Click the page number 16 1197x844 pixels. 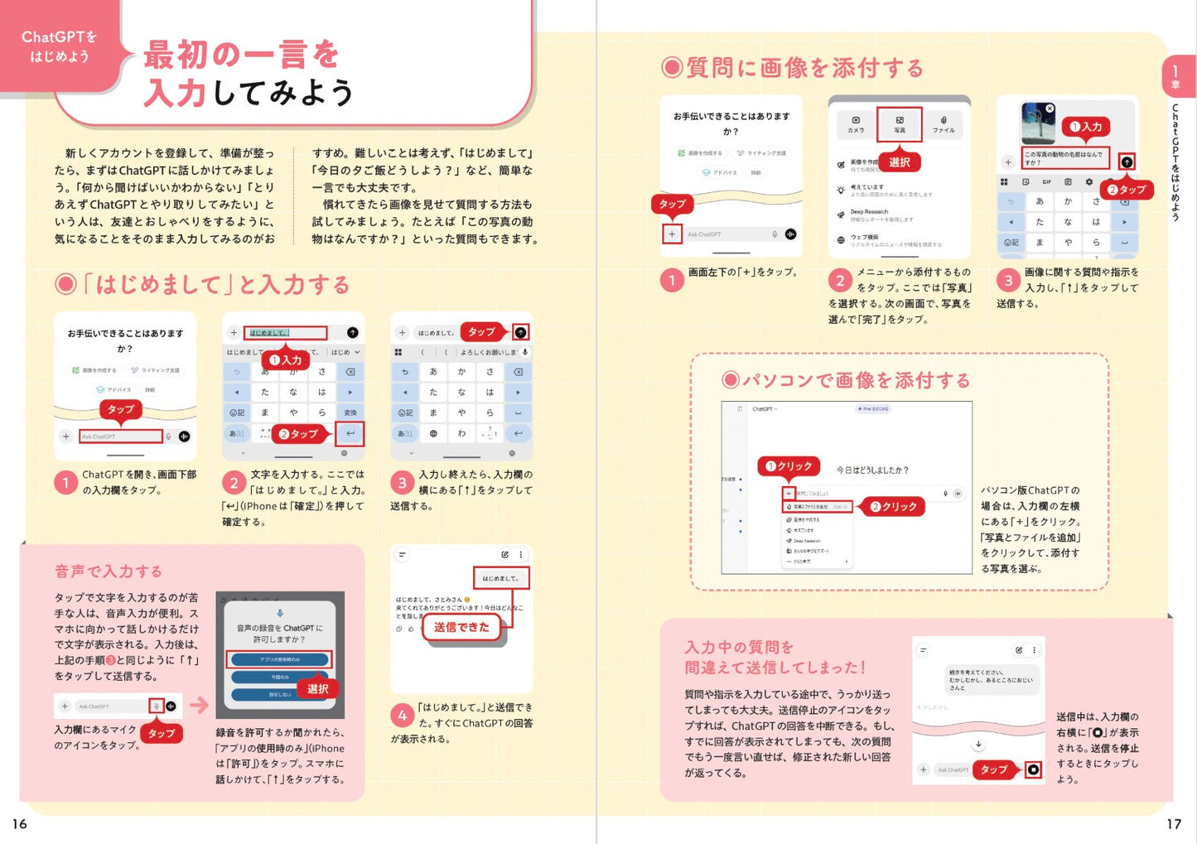click(20, 823)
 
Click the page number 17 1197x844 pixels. click(1174, 823)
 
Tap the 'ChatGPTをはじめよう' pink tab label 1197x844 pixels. click(59, 46)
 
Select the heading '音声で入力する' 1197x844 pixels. click(109, 571)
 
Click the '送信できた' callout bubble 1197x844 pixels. click(461, 627)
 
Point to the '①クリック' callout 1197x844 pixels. click(788, 466)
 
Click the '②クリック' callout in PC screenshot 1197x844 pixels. click(893, 506)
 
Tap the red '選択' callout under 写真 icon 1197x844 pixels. click(899, 162)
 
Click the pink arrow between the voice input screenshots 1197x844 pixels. click(199, 705)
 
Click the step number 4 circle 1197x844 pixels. click(402, 715)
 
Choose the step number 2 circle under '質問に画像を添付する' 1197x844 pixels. click(840, 280)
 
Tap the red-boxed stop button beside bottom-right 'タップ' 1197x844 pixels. click(1033, 769)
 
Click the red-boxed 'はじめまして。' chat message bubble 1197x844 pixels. click(500, 578)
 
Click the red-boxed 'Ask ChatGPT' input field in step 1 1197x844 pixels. click(121, 436)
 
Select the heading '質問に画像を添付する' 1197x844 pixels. click(793, 68)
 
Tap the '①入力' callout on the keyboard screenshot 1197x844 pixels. click(285, 360)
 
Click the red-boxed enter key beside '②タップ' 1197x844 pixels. click(350, 433)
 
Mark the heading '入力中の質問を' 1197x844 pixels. click(739, 647)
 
